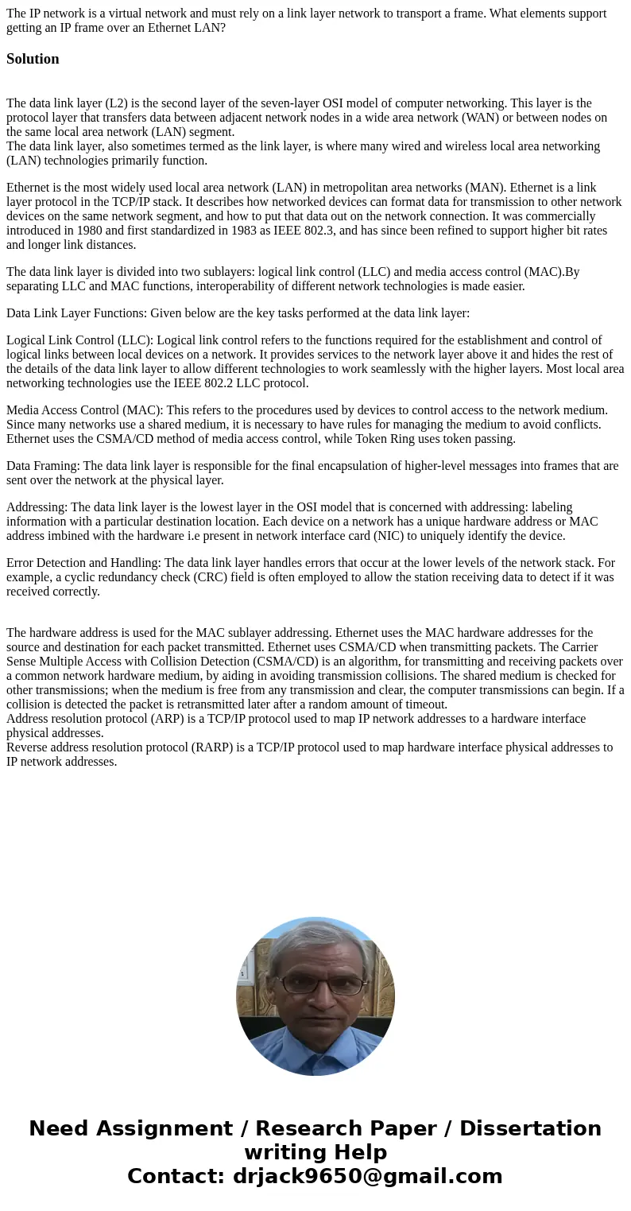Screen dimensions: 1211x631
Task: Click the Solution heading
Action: tap(33, 59)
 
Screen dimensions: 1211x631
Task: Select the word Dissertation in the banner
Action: tap(530, 1129)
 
